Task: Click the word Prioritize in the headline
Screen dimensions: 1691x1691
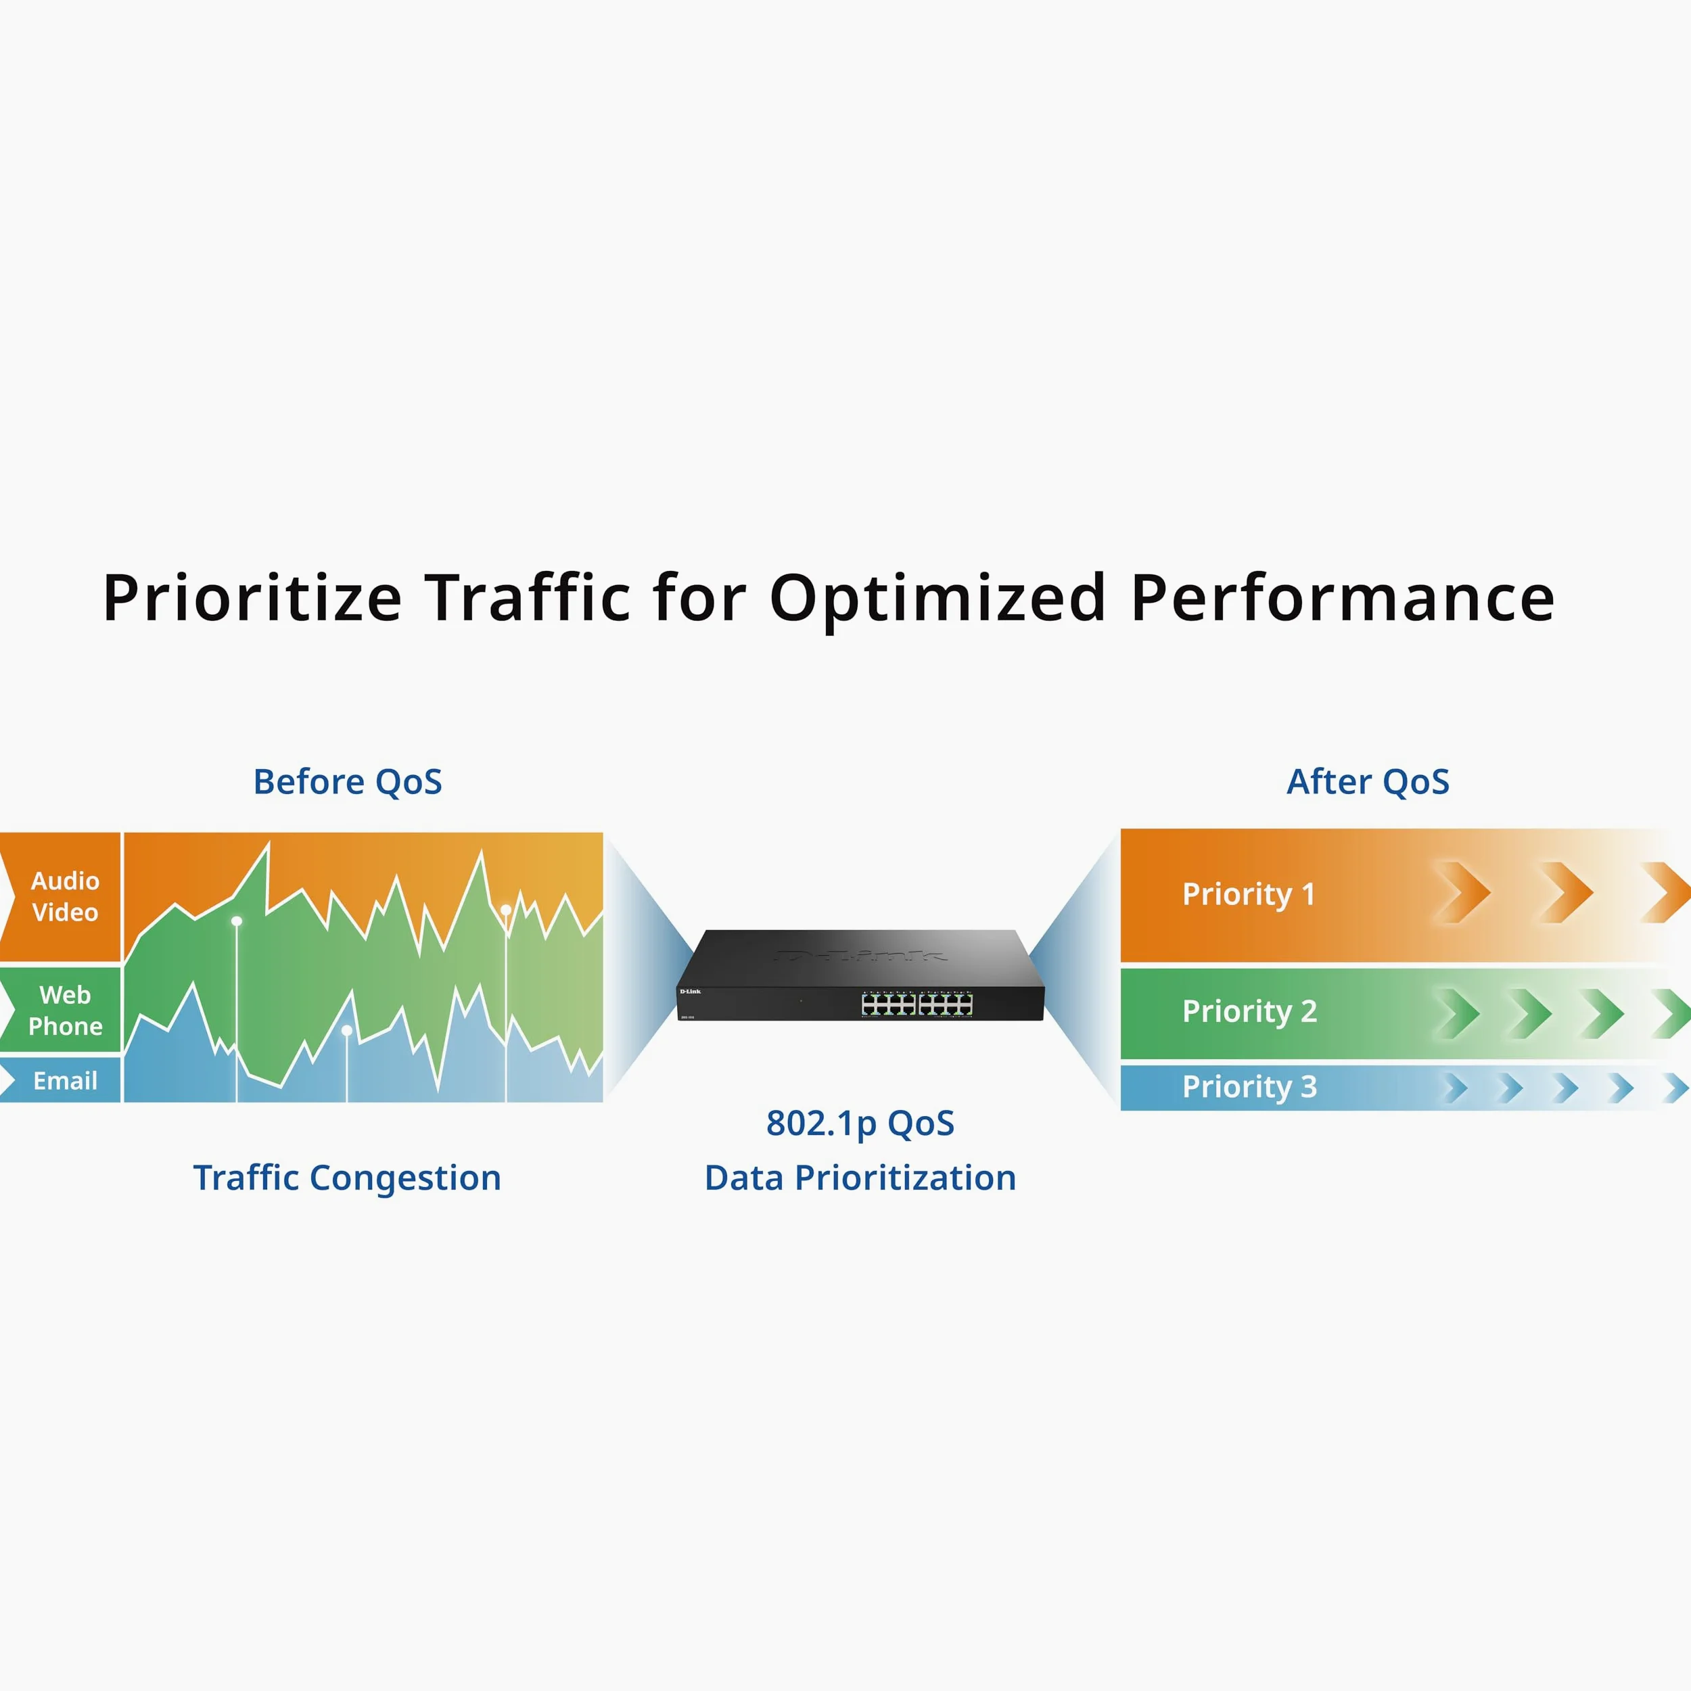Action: pos(252,599)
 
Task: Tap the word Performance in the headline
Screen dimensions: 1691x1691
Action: pos(1343,599)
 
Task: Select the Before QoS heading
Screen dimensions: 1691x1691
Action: pos(348,782)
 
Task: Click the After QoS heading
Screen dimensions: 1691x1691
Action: pos(1368,782)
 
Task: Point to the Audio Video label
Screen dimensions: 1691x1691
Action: pos(66,896)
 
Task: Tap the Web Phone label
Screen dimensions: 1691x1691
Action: pos(66,1010)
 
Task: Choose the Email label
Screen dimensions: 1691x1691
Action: pos(66,1081)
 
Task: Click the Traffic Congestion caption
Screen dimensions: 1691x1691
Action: pos(348,1179)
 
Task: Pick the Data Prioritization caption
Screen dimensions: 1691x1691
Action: pos(860,1178)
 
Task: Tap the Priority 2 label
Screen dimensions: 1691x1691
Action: pos(1250,1012)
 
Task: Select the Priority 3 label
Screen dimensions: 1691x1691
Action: pos(1250,1087)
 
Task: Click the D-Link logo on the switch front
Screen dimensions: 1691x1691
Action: pos(691,992)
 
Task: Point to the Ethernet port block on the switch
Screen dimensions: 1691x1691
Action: pos(917,1004)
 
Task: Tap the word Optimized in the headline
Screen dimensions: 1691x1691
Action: pos(937,599)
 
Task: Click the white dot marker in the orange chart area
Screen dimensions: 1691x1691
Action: pos(506,910)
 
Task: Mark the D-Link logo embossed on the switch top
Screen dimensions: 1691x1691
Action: pos(860,955)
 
